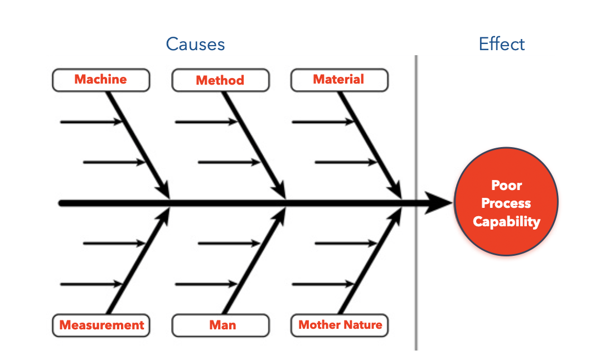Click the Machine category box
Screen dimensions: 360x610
click(101, 80)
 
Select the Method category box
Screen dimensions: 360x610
click(220, 80)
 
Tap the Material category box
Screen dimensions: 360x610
click(339, 80)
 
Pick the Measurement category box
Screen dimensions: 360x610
click(101, 325)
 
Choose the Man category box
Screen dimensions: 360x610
click(220, 325)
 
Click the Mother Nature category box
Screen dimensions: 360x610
click(340, 325)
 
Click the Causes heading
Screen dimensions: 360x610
click(195, 44)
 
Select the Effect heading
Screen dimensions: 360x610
click(502, 44)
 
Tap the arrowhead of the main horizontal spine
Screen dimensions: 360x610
click(440, 203)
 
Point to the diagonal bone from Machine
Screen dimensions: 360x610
click(137, 139)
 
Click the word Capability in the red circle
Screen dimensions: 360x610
click(506, 222)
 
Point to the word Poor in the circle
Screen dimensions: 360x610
click(506, 186)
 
